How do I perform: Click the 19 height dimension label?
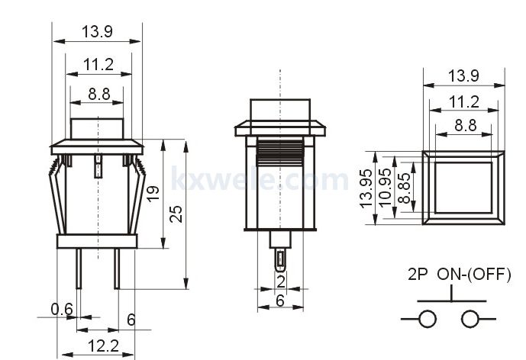point(153,194)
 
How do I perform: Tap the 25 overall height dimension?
point(176,214)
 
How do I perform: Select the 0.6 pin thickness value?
point(62,309)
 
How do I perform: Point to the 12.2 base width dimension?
point(103,346)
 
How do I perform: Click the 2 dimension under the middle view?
point(281,281)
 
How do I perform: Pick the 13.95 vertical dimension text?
point(366,188)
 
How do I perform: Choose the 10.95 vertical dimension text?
point(385,188)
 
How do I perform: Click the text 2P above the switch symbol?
point(418,274)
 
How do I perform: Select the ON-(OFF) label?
point(474,274)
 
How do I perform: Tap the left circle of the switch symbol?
point(427,319)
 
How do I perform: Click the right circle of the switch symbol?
point(470,319)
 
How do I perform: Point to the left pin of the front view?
point(79,268)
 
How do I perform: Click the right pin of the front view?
point(117,268)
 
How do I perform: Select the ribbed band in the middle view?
point(279,153)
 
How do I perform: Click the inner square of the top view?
point(463,188)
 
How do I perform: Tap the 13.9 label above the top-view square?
point(463,76)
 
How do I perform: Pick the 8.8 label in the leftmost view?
point(99,94)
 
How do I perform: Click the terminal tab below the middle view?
point(280,260)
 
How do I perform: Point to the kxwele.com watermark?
point(260,178)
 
